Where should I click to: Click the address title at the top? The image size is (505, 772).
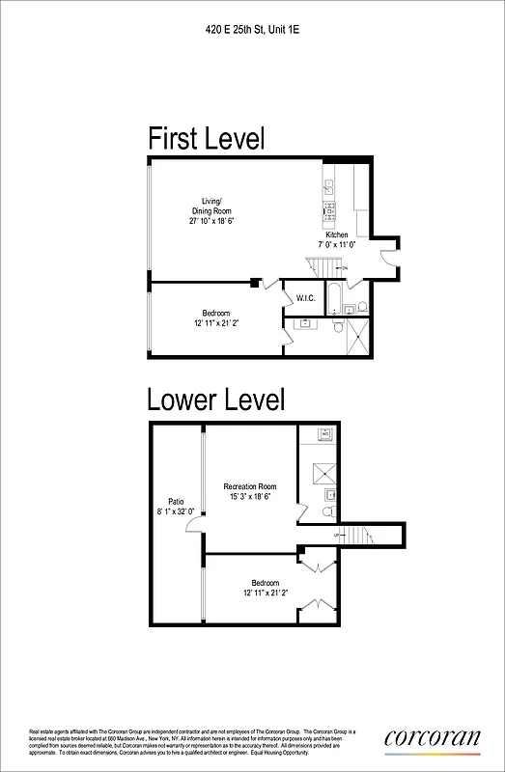(252, 31)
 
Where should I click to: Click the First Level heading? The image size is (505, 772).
(206, 138)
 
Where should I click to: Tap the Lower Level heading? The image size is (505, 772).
(215, 399)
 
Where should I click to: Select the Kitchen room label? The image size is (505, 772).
(336, 235)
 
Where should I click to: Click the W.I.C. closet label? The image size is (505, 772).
(306, 297)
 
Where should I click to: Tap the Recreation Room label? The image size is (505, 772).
(250, 486)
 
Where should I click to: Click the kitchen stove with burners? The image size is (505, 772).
(329, 209)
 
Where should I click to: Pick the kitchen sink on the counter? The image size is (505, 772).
(329, 186)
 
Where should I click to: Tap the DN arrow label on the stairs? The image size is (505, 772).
(345, 266)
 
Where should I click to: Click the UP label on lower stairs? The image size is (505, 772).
(337, 534)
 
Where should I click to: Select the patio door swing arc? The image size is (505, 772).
(194, 524)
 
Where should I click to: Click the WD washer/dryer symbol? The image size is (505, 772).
(325, 435)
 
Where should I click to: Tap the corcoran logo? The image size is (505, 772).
(432, 737)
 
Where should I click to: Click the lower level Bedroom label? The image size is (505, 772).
(265, 583)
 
